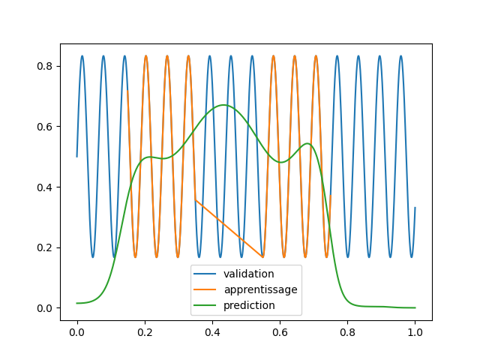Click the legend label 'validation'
point(248,274)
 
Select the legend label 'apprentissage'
point(260,289)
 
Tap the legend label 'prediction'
point(250,305)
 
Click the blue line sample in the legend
point(205,274)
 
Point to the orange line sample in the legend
point(205,289)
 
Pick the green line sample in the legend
point(205,305)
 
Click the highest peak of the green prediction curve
point(223,105)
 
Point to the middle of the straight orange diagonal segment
point(229,229)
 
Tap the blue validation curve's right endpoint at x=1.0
point(415,208)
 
